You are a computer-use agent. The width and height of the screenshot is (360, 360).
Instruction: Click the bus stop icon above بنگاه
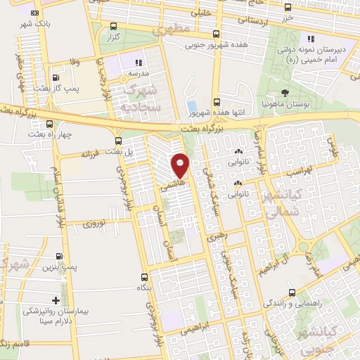tap(144, 276)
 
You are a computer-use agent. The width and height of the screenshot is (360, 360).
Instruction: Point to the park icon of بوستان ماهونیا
tap(285, 93)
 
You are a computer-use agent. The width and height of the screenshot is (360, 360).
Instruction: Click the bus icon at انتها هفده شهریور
tap(217, 102)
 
